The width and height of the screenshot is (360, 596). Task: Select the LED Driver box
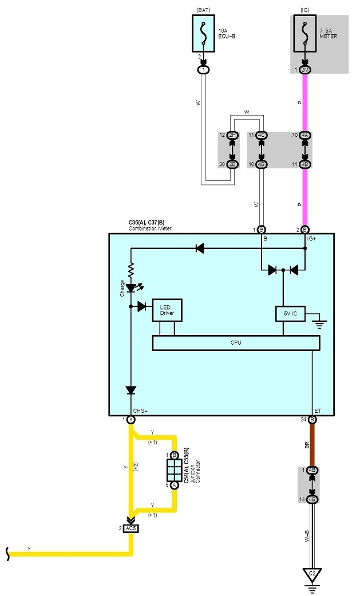click(x=167, y=310)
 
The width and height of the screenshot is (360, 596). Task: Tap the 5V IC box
click(x=290, y=314)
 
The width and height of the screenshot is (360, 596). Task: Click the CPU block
click(x=235, y=342)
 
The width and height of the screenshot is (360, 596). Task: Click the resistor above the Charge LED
click(x=131, y=268)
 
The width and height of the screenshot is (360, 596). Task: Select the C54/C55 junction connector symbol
click(x=175, y=469)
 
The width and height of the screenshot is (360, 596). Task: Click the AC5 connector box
click(x=131, y=528)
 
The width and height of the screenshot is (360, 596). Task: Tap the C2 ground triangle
click(x=312, y=574)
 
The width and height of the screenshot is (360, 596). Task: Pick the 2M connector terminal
click(x=304, y=70)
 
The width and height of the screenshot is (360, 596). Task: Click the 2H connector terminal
click(x=232, y=135)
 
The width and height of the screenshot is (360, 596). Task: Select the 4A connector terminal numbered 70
click(x=304, y=135)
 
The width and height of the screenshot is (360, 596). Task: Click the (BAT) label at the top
click(x=203, y=9)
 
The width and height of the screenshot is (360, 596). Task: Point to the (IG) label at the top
click(x=304, y=9)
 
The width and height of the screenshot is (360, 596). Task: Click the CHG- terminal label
click(x=141, y=410)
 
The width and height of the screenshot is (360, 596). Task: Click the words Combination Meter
click(x=150, y=228)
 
